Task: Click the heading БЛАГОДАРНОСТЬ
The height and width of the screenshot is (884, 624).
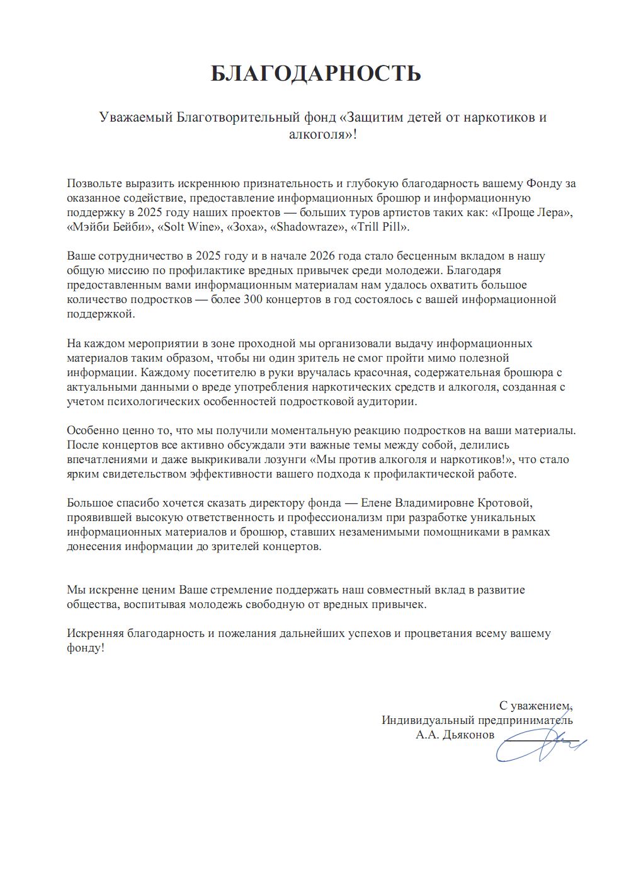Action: [315, 74]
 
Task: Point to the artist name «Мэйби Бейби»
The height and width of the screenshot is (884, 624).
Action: [109, 227]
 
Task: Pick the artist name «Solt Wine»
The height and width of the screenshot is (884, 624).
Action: [189, 227]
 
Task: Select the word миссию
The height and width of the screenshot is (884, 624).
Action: [123, 270]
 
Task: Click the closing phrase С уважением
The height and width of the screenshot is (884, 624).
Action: [536, 705]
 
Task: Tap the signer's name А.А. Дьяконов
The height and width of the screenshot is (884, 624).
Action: [455, 735]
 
